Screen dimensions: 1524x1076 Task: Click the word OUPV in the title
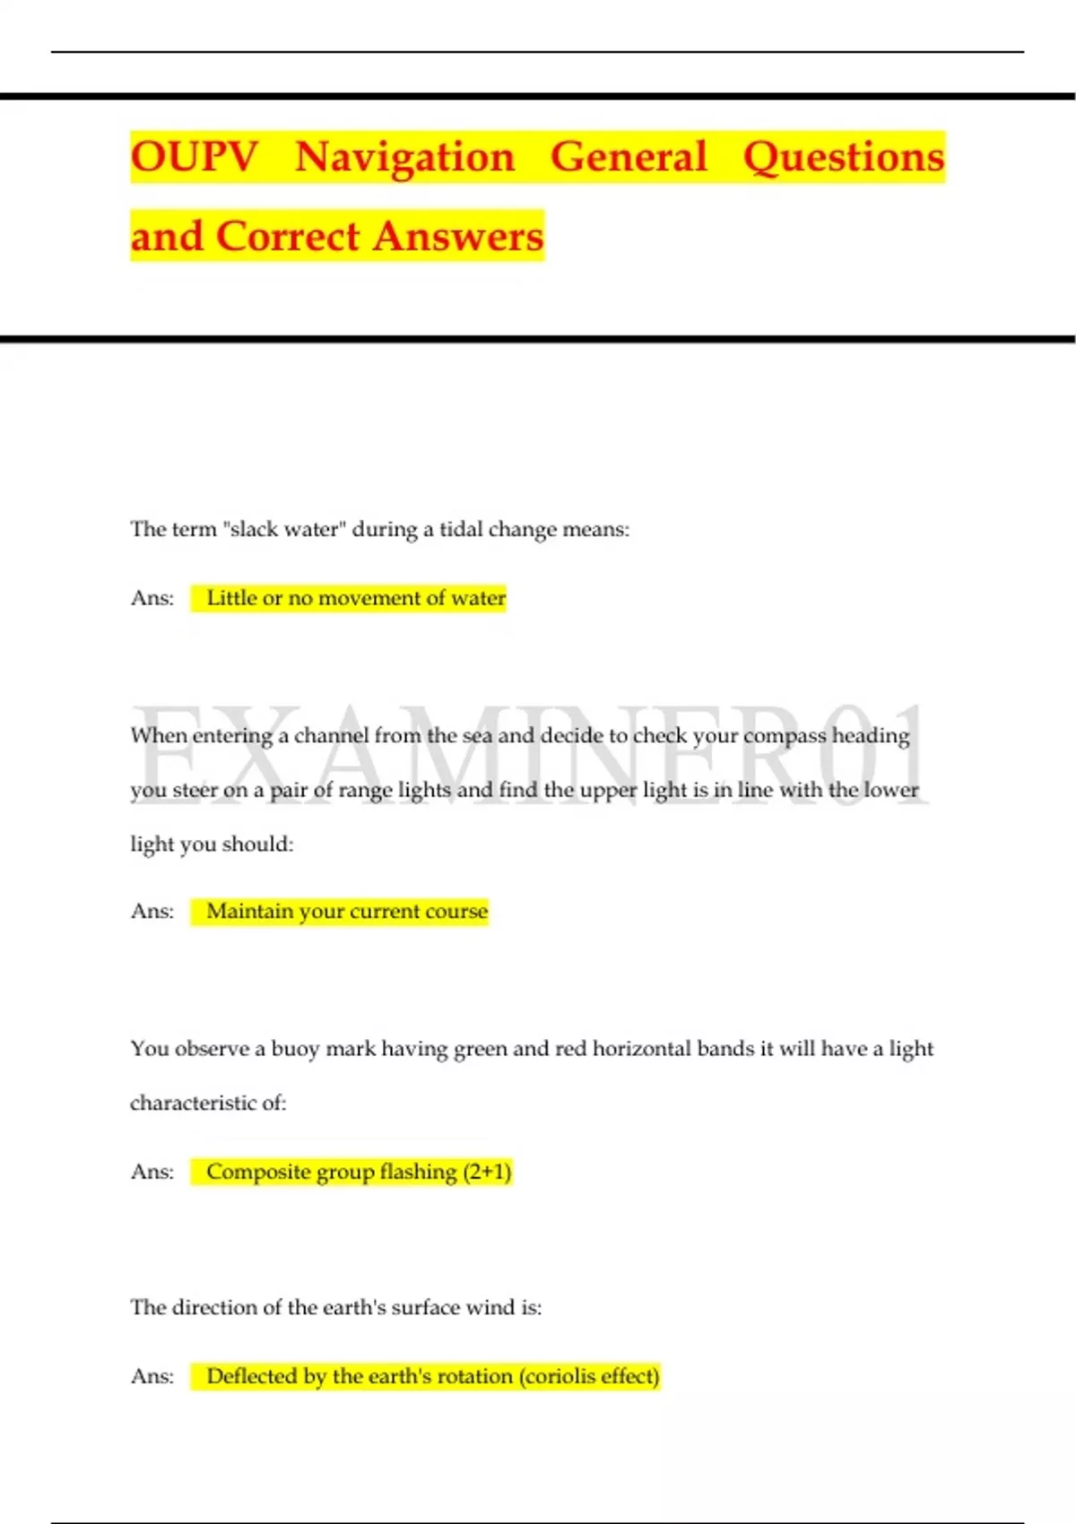point(194,157)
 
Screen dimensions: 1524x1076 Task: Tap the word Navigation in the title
point(405,157)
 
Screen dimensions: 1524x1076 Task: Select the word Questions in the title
point(844,157)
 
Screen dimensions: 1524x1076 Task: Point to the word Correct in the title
point(288,237)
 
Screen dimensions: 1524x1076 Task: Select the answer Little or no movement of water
point(356,598)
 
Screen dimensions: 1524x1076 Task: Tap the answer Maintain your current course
point(347,912)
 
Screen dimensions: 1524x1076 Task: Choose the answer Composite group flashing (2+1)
point(359,1172)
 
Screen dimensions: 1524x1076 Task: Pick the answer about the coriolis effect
point(433,1376)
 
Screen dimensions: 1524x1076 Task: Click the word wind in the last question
point(490,1308)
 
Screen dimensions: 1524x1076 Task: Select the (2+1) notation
point(487,1172)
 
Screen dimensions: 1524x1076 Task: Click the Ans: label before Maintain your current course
point(152,912)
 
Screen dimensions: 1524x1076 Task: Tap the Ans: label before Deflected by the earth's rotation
point(152,1376)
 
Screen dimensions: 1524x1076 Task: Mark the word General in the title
point(629,157)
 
